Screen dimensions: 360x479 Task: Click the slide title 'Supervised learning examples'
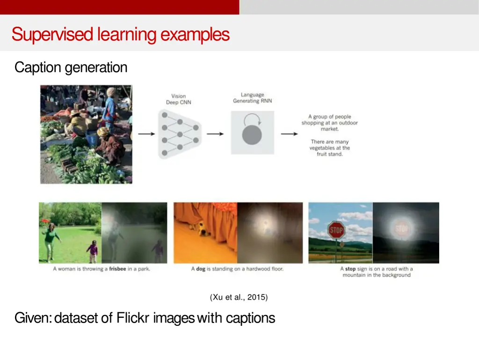(x=120, y=35)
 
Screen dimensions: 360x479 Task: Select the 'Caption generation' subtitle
(x=71, y=67)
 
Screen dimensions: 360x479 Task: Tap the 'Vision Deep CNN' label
(x=178, y=99)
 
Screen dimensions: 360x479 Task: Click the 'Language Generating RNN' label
(x=252, y=98)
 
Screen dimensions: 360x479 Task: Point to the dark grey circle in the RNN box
(x=252, y=135)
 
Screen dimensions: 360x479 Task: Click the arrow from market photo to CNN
(x=146, y=134)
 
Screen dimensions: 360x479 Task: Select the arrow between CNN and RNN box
(x=215, y=134)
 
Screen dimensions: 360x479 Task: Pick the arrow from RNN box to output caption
(x=289, y=134)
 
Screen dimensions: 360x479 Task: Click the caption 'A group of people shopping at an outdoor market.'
(x=329, y=123)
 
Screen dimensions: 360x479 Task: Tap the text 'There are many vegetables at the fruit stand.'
(x=329, y=147)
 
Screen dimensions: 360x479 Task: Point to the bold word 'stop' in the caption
(x=350, y=269)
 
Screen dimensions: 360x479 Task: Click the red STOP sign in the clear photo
(x=336, y=230)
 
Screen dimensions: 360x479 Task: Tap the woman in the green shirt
(x=51, y=238)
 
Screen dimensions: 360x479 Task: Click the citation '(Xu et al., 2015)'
(x=239, y=297)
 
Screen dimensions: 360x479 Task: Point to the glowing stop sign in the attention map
(x=402, y=229)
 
